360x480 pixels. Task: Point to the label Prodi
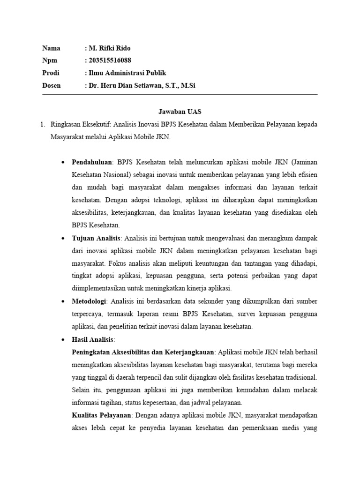(51, 73)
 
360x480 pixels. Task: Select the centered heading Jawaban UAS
(180, 112)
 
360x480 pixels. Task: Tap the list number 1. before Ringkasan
(43, 125)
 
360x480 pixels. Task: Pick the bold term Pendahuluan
(92, 162)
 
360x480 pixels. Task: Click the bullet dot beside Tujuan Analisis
(63, 239)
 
